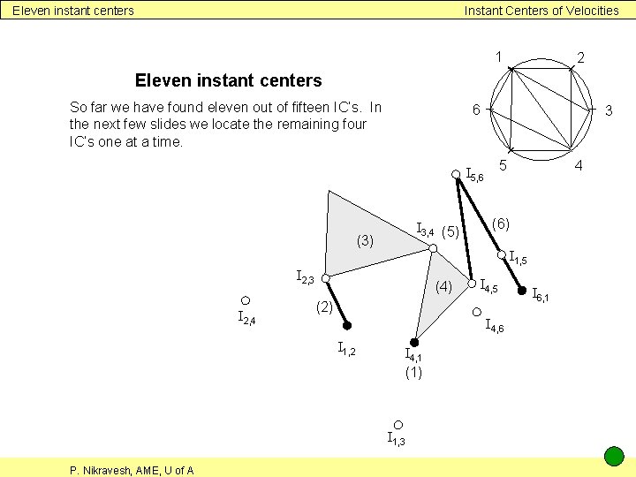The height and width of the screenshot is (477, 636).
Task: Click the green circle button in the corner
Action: [x=614, y=457]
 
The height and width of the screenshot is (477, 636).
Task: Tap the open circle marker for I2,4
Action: [x=246, y=300]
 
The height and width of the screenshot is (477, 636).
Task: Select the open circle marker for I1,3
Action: [x=398, y=425]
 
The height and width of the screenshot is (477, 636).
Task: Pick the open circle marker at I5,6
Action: [x=456, y=174]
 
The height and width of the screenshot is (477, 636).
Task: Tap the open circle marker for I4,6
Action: [x=476, y=312]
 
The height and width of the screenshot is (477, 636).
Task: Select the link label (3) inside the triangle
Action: [x=366, y=240]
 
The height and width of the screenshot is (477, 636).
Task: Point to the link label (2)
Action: [x=324, y=307]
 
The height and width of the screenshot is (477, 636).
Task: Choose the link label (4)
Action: [x=443, y=286]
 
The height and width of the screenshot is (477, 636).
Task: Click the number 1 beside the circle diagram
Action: [x=499, y=57]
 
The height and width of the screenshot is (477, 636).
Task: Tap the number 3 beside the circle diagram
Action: [x=608, y=110]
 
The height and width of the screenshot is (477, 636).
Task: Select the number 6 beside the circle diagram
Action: [x=475, y=110]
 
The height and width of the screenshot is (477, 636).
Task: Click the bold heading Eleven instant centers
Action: [x=228, y=80]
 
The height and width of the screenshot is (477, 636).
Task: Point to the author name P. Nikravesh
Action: [x=132, y=470]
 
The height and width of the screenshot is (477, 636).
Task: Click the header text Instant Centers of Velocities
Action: [x=541, y=11]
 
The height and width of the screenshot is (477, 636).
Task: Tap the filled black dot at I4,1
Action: [x=413, y=342]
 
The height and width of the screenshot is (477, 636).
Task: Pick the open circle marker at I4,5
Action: [x=473, y=284]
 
